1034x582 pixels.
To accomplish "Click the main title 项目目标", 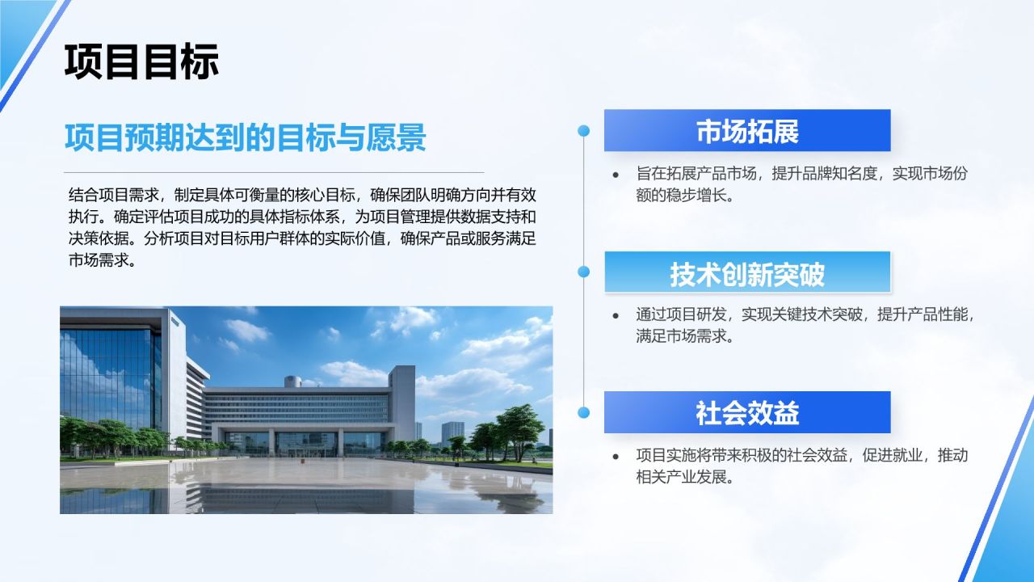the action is [x=141, y=61].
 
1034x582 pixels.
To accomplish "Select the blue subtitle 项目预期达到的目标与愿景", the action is [x=245, y=137].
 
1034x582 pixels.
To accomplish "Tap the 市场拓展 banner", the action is [x=747, y=130].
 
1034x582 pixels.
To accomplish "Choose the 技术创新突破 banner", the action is [x=747, y=272].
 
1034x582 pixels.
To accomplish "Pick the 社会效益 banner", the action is [x=747, y=412].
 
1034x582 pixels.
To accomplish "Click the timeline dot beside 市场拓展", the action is [x=583, y=131].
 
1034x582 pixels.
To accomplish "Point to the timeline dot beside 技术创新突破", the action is [x=583, y=272].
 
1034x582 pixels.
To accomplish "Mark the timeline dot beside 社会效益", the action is [x=583, y=412].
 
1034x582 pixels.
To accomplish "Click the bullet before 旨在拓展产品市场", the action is [x=616, y=175].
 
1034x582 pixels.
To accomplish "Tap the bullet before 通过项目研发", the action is [x=616, y=316].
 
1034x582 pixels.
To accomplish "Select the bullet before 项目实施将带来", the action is [x=616, y=457].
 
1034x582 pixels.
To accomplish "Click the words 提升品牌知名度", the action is [x=824, y=174].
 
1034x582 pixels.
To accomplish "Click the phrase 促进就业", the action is [x=892, y=455].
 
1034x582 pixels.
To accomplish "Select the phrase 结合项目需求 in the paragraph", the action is [x=114, y=195].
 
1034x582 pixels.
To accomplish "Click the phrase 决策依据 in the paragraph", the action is [x=99, y=238].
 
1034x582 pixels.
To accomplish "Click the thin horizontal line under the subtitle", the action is [x=274, y=172].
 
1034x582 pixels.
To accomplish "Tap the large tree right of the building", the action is [x=519, y=431].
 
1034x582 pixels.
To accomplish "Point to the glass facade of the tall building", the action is [x=111, y=379].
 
